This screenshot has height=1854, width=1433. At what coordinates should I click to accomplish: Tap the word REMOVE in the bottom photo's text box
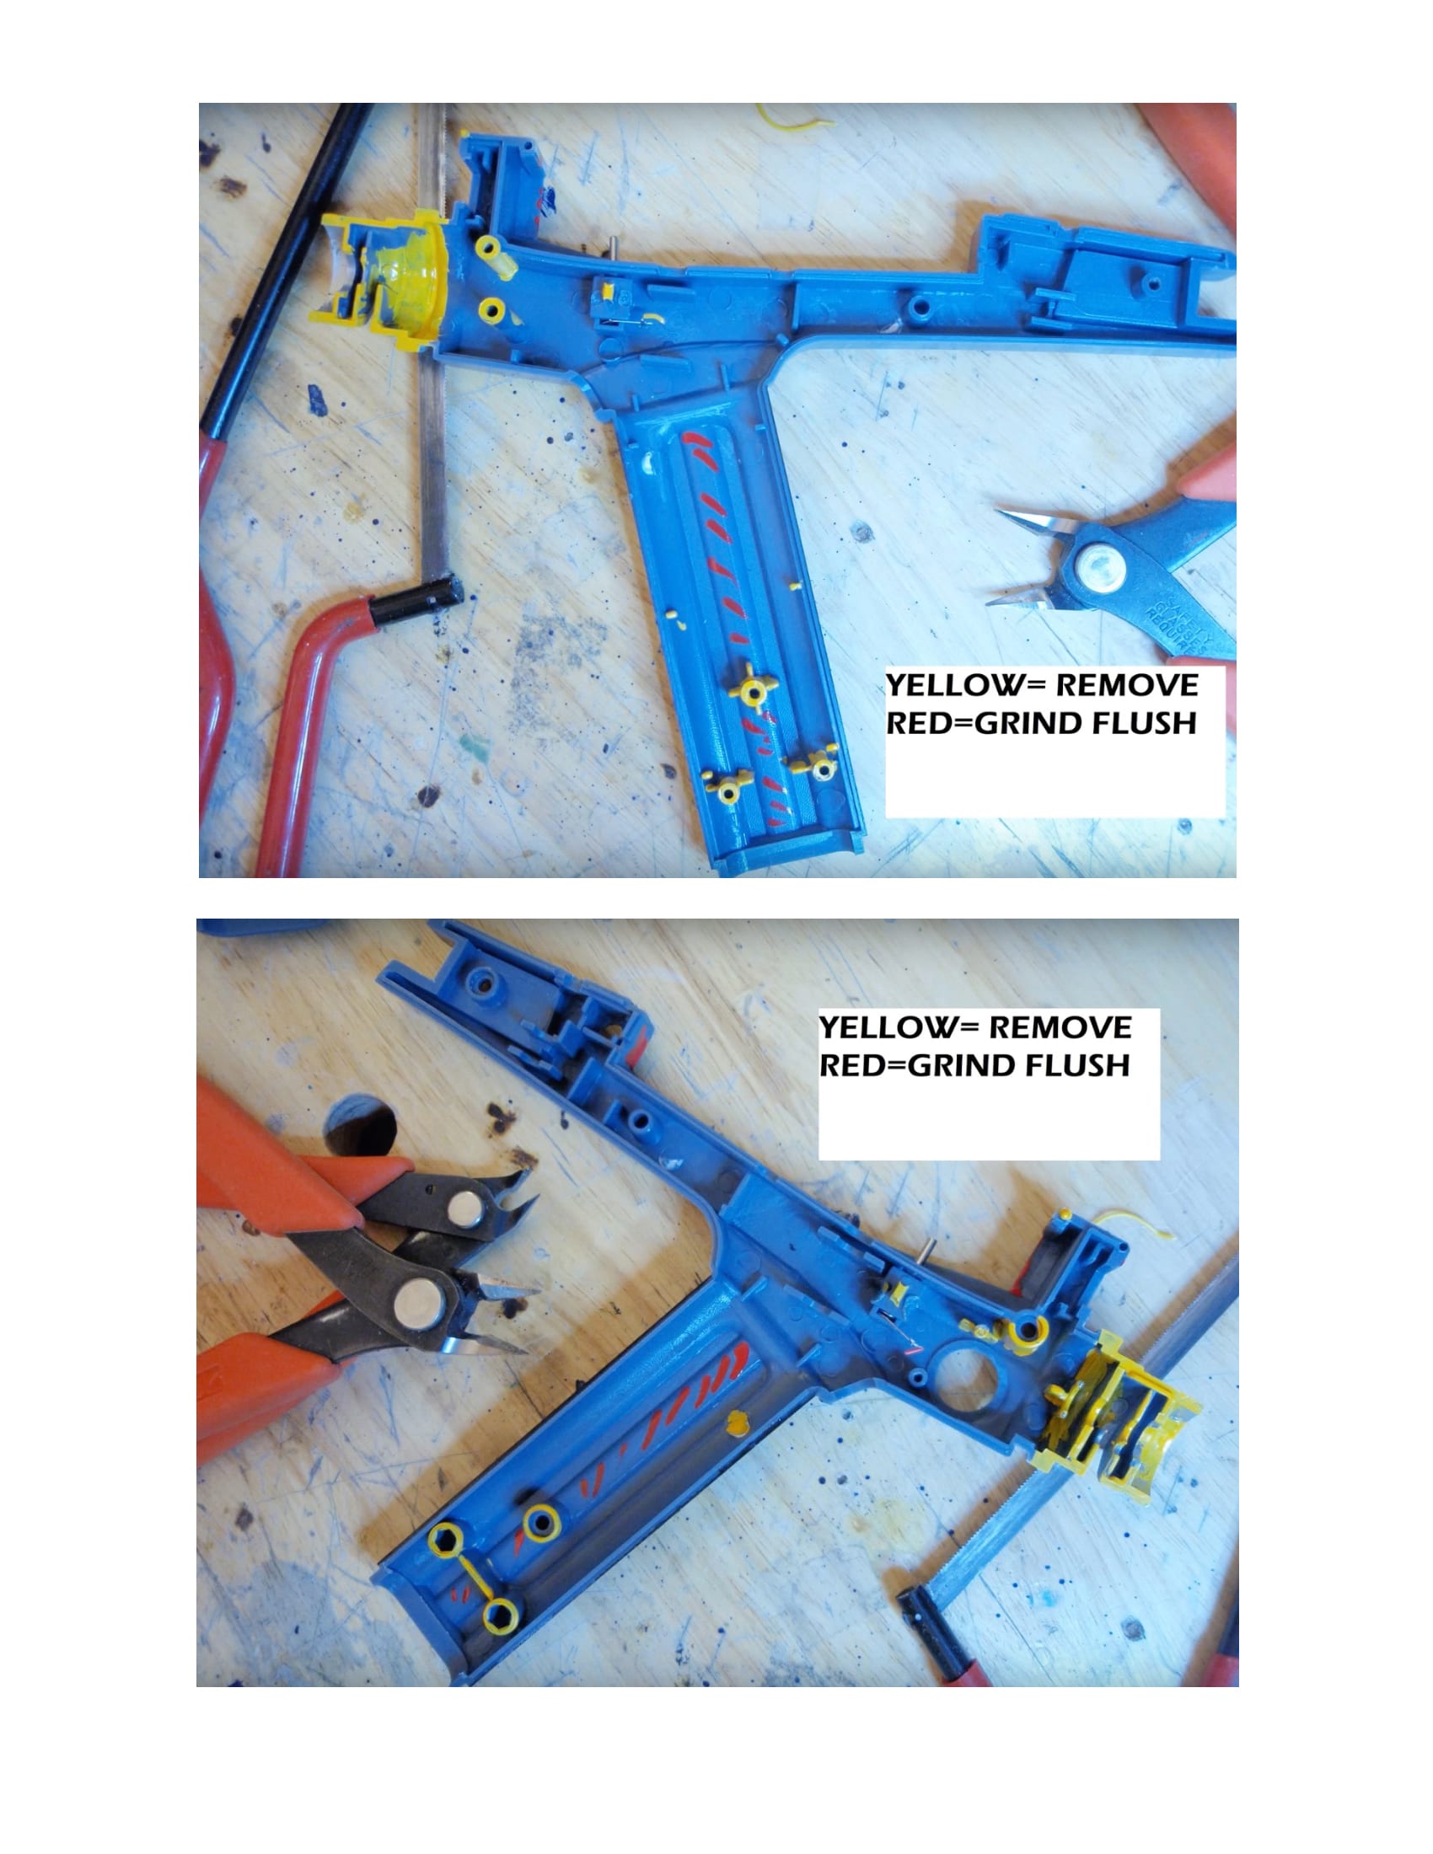click(1060, 1027)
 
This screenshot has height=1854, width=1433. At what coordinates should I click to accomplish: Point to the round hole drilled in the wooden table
click(361, 1125)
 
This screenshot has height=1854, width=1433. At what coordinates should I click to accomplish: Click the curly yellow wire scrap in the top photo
click(793, 115)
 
